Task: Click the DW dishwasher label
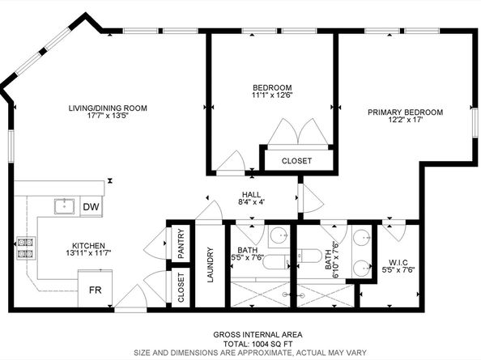[x=92, y=207]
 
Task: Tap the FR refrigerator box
[x=95, y=288]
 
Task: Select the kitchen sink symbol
[x=65, y=206]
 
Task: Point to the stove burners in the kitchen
[x=25, y=248]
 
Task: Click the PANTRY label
[x=181, y=244]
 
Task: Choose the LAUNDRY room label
[x=210, y=265]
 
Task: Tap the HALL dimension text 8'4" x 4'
[x=252, y=202]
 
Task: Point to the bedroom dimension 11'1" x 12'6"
[x=272, y=95]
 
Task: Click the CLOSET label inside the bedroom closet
[x=296, y=161]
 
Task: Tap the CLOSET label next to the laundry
[x=181, y=288]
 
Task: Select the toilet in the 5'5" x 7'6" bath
[x=276, y=262]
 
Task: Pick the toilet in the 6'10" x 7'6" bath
[x=309, y=256]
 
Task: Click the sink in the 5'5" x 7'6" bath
[x=279, y=235]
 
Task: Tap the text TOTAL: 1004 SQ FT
[x=258, y=344]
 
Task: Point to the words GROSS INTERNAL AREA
[x=258, y=335]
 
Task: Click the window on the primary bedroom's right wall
[x=475, y=122]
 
